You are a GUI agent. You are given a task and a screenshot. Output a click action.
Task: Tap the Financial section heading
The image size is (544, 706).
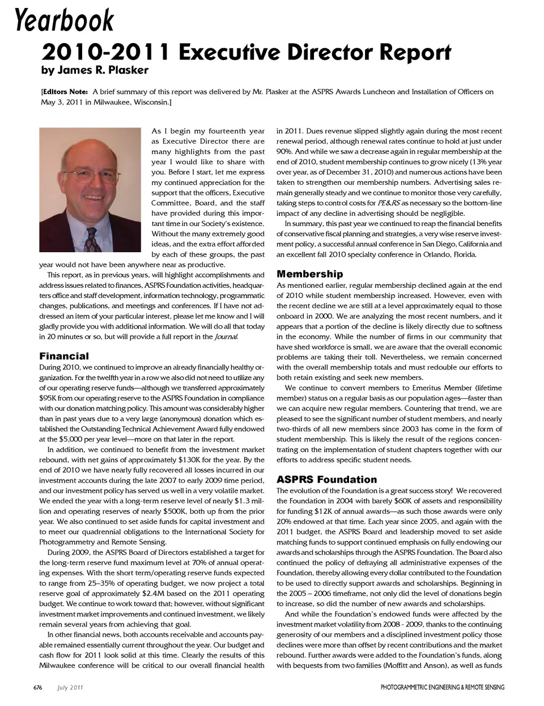(x=64, y=356)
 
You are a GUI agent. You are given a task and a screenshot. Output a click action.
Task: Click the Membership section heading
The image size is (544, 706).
(x=309, y=274)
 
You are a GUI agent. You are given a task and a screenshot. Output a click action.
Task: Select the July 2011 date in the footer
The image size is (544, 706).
(x=70, y=687)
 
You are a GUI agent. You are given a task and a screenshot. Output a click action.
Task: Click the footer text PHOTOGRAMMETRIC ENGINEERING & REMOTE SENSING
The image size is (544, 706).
(x=442, y=687)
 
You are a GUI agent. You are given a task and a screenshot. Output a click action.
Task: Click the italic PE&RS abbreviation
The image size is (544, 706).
(x=389, y=203)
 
